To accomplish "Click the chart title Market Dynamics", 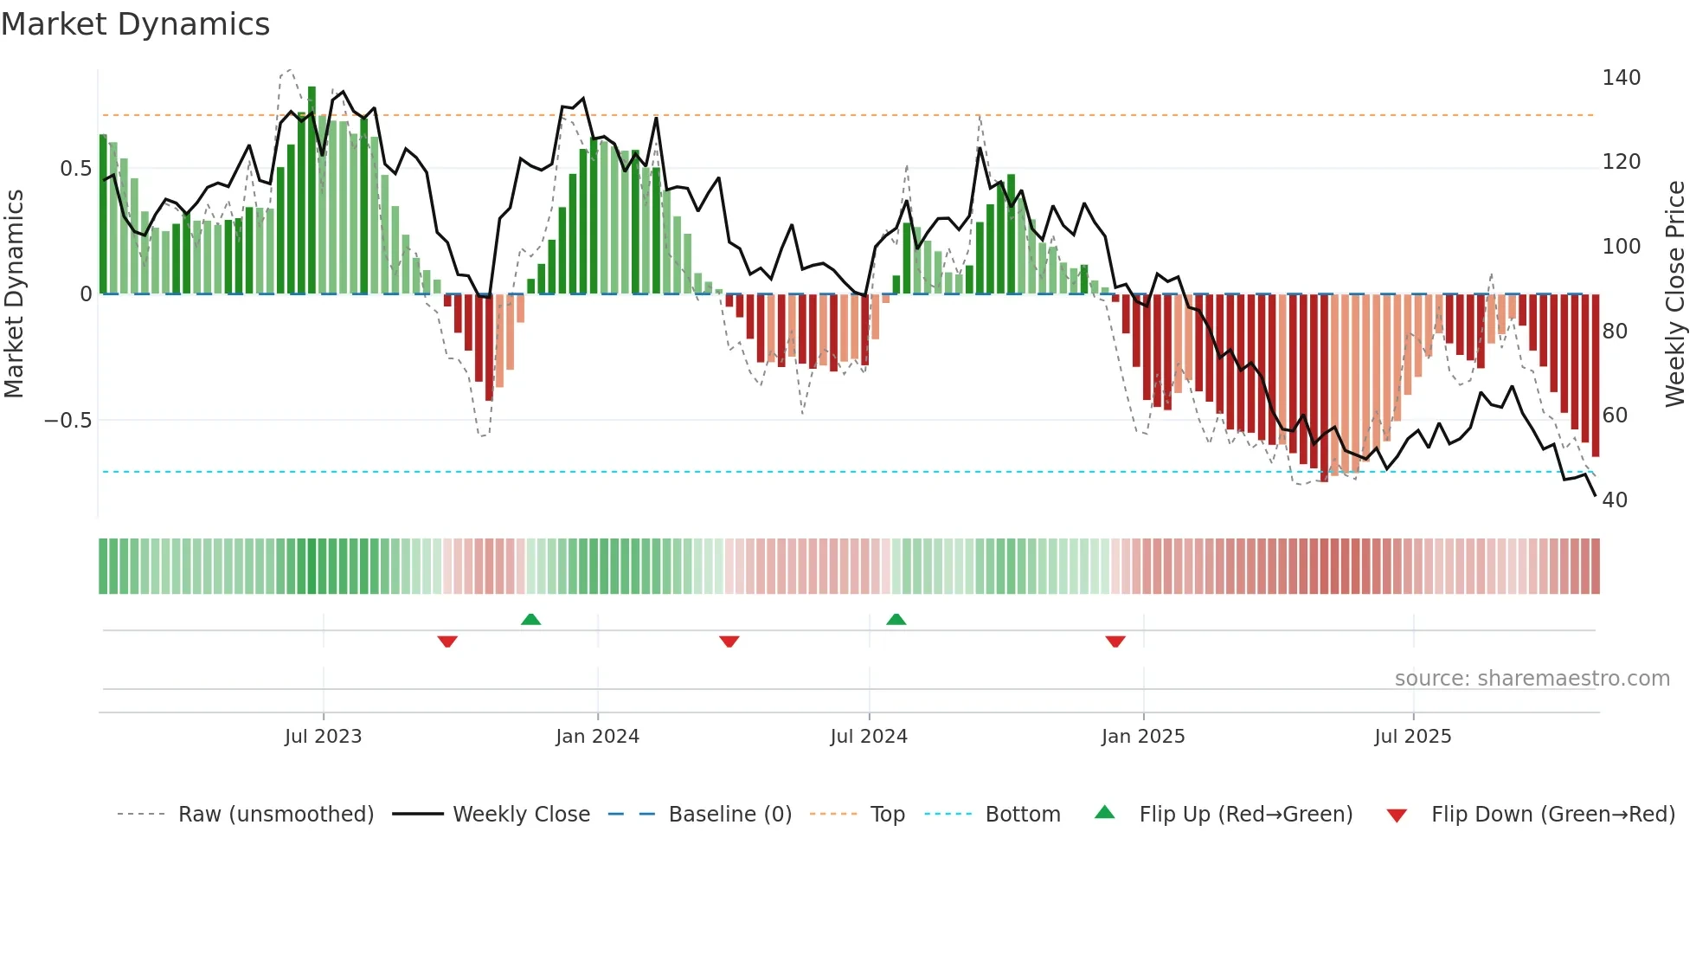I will tap(135, 24).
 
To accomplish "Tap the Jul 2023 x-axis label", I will tap(323, 737).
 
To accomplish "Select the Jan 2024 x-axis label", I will tap(597, 737).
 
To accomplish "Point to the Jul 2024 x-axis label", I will tap(869, 737).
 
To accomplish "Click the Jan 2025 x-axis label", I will tap(1143, 737).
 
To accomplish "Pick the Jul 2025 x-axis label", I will tap(1413, 737).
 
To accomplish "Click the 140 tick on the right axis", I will tap(1621, 78).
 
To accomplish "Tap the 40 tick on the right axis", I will tap(1615, 500).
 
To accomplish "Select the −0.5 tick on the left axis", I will tap(67, 421).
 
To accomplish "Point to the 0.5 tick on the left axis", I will tap(75, 169).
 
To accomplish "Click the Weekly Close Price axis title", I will tap(1675, 294).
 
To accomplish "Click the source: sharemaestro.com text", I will tap(1532, 679).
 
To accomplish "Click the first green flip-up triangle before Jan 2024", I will tap(531, 619).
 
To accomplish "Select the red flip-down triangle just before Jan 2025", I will tap(1115, 641).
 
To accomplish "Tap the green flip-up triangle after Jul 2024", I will tap(896, 619).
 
